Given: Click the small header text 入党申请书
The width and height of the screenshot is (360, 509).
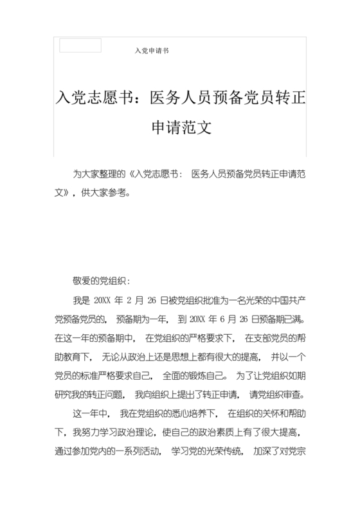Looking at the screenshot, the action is [x=152, y=50].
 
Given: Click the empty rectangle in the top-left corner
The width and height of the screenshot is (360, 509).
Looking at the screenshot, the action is [x=80, y=46].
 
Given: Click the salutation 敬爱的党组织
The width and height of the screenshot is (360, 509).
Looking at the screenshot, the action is [x=101, y=281].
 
